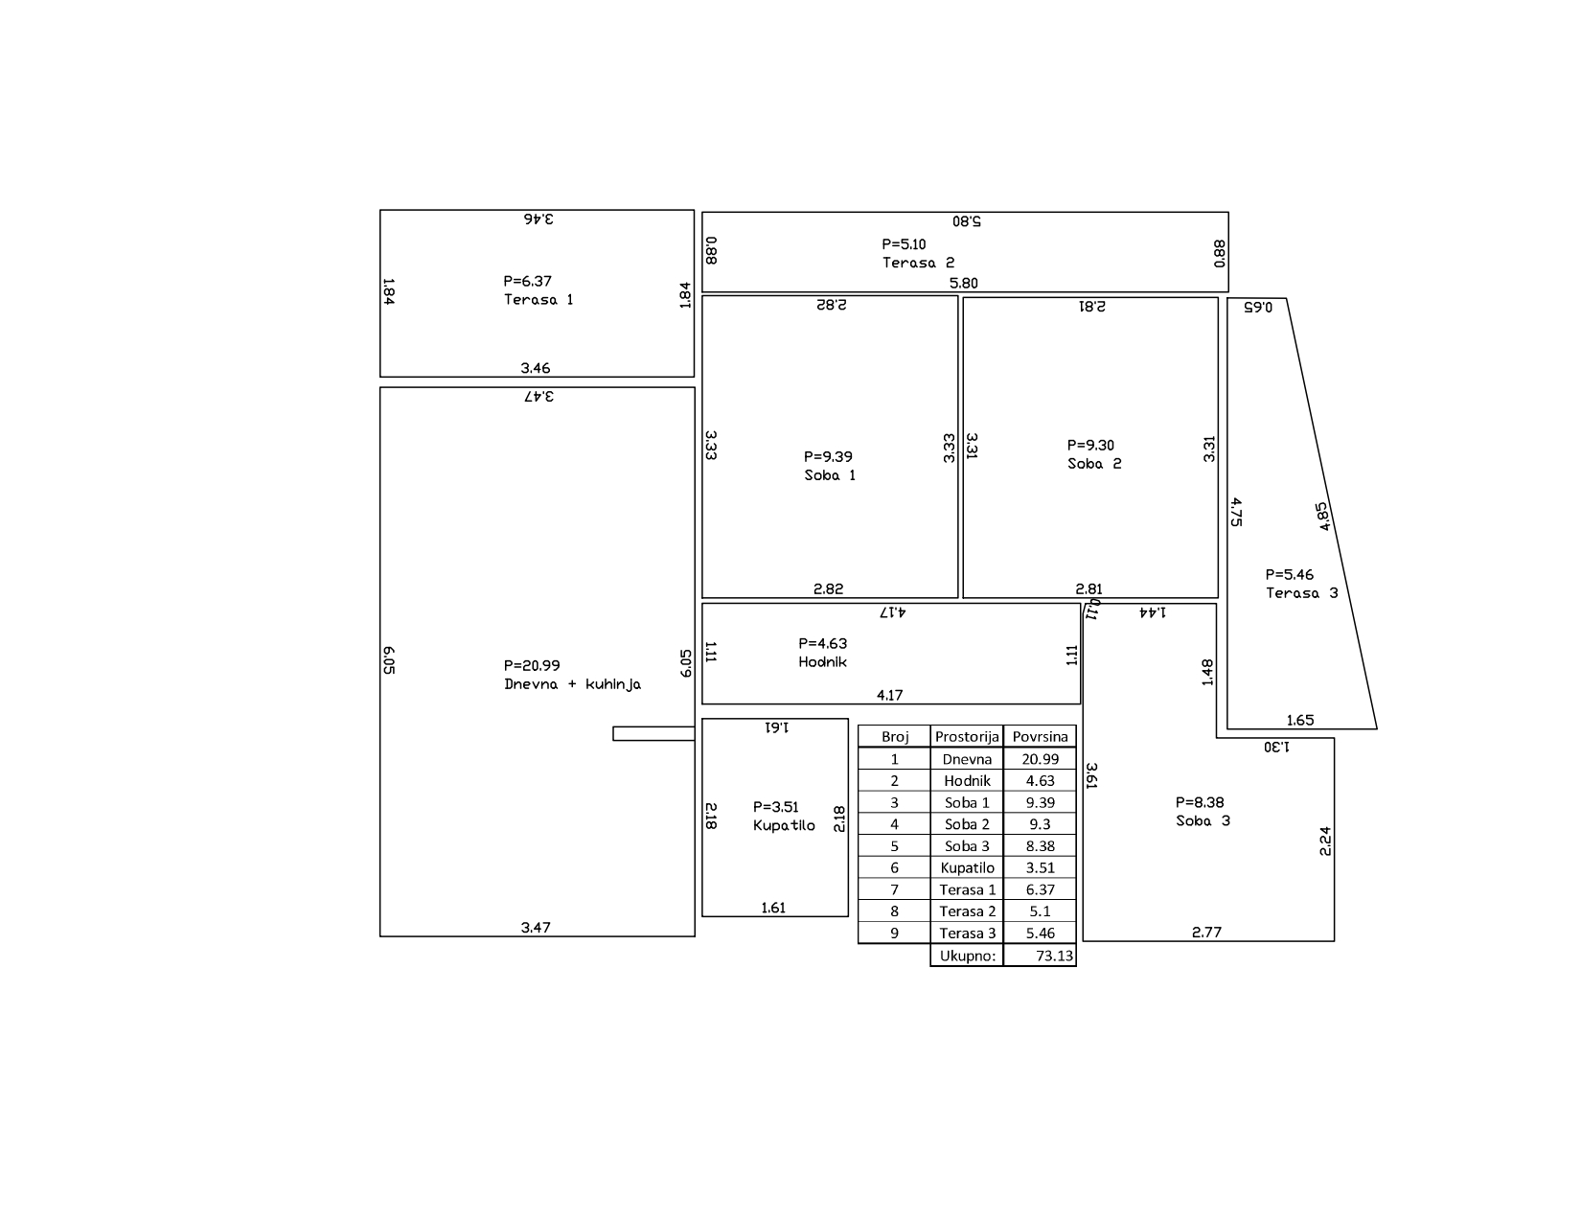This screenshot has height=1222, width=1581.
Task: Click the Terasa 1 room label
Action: (x=538, y=300)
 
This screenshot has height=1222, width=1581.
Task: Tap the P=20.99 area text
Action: (x=532, y=666)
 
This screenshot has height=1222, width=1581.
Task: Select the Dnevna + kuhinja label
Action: (x=573, y=685)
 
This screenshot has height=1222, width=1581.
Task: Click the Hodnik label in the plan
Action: (x=822, y=662)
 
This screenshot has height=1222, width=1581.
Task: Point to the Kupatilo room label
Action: (x=784, y=826)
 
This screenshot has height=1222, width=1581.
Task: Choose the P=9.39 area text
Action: (x=828, y=457)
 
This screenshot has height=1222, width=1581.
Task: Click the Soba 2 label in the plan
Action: (x=1094, y=464)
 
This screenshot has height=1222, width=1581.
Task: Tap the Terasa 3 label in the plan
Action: (x=1301, y=593)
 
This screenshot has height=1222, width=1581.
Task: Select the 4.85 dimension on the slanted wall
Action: (x=1322, y=517)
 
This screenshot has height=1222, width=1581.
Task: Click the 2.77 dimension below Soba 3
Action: (x=1206, y=933)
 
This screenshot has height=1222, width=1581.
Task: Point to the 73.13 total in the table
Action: (x=1054, y=956)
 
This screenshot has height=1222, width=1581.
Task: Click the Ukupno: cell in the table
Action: (x=967, y=956)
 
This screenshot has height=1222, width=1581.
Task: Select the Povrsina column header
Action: (x=1040, y=736)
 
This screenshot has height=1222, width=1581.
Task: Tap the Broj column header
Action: (x=895, y=736)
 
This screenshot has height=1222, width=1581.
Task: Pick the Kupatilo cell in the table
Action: (x=967, y=867)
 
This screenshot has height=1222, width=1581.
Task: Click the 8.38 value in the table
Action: (x=1040, y=846)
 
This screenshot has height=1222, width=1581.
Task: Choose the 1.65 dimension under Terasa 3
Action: (x=1300, y=721)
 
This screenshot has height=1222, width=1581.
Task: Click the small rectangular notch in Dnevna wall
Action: (x=653, y=733)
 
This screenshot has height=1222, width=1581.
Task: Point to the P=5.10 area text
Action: (x=904, y=244)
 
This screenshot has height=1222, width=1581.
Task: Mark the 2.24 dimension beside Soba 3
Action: (x=1325, y=842)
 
